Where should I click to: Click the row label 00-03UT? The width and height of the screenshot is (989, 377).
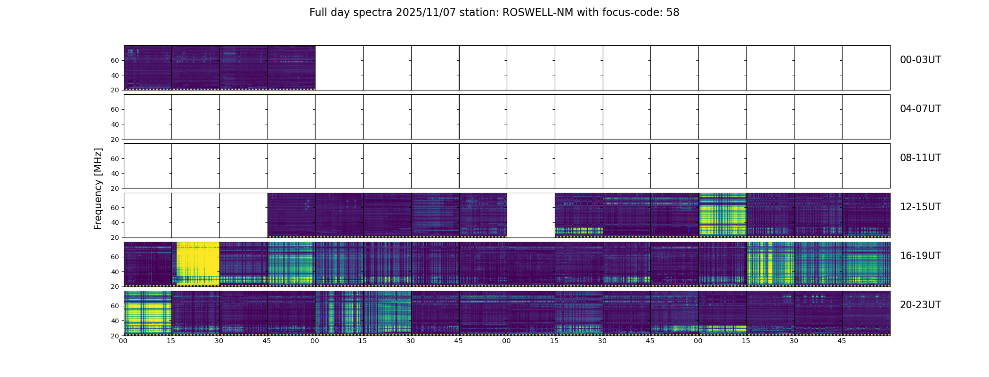[920, 60]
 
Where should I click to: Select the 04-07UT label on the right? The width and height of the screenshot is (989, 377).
[920, 109]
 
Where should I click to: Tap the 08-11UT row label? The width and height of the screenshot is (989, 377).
[920, 158]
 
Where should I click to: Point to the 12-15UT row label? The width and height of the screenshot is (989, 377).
[920, 207]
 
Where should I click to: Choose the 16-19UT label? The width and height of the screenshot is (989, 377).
[920, 256]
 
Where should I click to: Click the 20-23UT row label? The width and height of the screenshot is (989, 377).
[920, 305]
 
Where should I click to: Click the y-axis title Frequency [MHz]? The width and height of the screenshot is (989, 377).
[98, 188]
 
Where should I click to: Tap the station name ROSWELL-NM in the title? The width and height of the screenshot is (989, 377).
[538, 13]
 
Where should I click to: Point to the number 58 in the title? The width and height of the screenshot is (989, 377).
[673, 13]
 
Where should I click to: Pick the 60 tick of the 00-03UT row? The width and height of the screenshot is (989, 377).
[115, 60]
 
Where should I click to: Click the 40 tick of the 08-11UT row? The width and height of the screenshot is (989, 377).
[115, 173]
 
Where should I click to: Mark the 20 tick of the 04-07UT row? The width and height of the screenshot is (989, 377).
[115, 139]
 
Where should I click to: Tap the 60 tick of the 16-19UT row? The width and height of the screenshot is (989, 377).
[115, 257]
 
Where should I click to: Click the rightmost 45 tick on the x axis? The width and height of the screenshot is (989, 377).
[842, 341]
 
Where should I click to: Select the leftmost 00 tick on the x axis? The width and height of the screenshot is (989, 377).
[123, 341]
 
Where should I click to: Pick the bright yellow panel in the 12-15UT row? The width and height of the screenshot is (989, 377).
[722, 215]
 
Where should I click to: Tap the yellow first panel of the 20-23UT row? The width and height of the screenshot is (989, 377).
[147, 313]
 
